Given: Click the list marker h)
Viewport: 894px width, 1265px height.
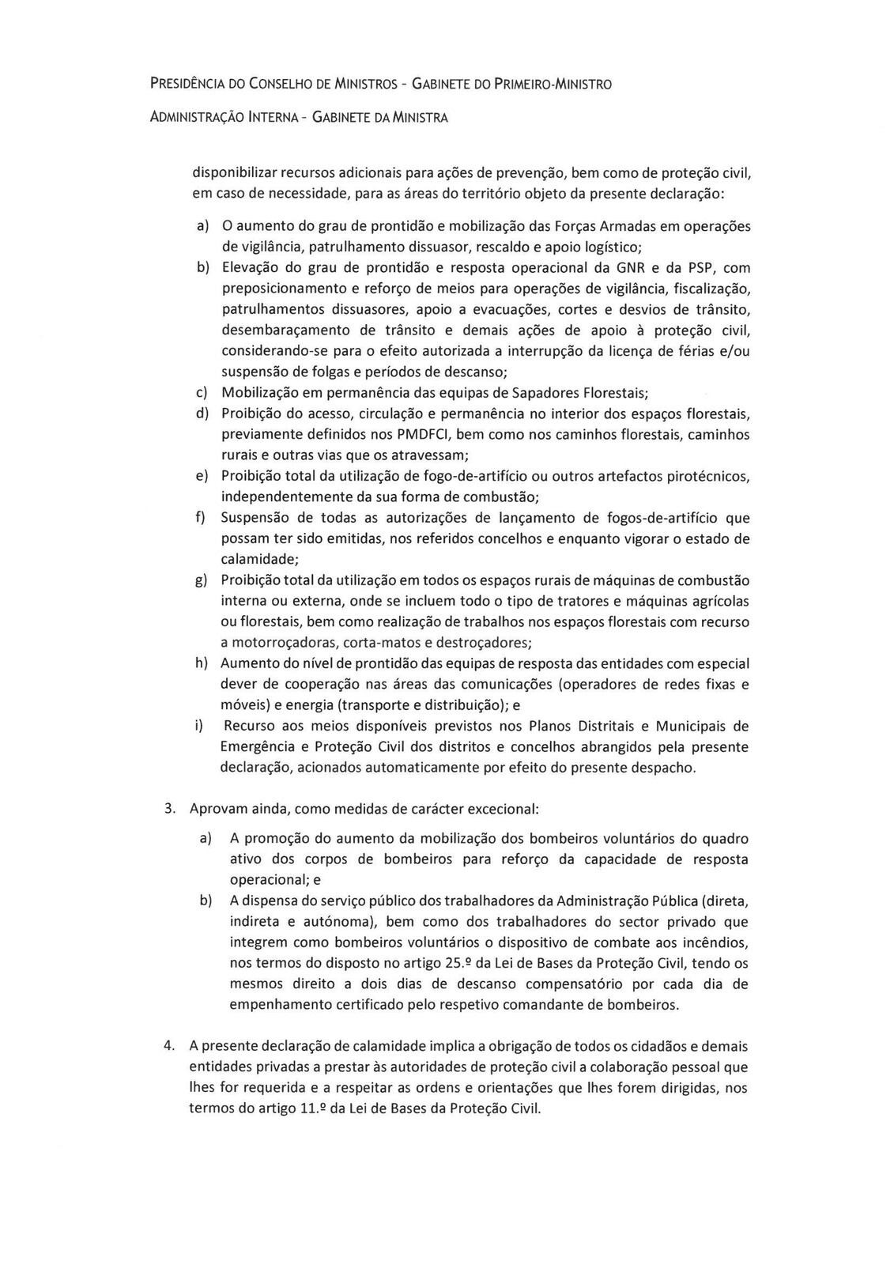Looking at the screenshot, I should coord(202,663).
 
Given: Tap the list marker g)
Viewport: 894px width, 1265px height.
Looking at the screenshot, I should coord(202,581).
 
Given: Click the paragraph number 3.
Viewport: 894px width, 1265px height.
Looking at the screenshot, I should coord(169,809).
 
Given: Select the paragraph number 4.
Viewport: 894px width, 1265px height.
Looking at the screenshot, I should coord(169,1045).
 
